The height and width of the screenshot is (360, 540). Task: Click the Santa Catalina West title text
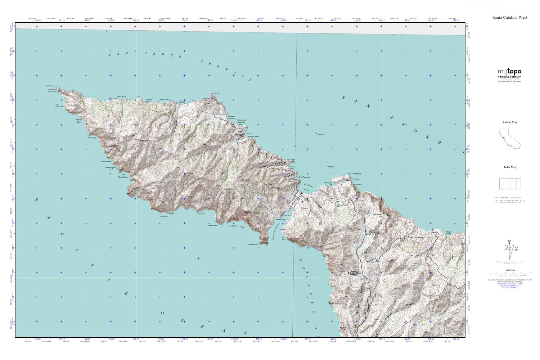(x=510, y=17)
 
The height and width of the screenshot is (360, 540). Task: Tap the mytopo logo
(x=509, y=72)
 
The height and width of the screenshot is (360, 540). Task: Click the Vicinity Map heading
(x=510, y=122)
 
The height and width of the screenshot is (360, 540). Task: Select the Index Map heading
(x=510, y=167)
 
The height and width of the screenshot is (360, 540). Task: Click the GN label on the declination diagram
(x=509, y=242)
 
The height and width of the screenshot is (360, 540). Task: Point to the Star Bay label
(x=92, y=138)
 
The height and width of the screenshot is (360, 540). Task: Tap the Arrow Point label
(x=216, y=93)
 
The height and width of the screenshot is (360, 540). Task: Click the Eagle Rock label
(x=59, y=106)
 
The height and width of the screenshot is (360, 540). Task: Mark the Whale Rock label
(x=164, y=216)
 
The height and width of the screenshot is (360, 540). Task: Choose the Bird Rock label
(x=330, y=167)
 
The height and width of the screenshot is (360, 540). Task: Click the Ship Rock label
(x=320, y=134)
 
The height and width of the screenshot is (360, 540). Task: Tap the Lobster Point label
(x=253, y=245)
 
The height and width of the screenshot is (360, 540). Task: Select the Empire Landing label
(x=448, y=233)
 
